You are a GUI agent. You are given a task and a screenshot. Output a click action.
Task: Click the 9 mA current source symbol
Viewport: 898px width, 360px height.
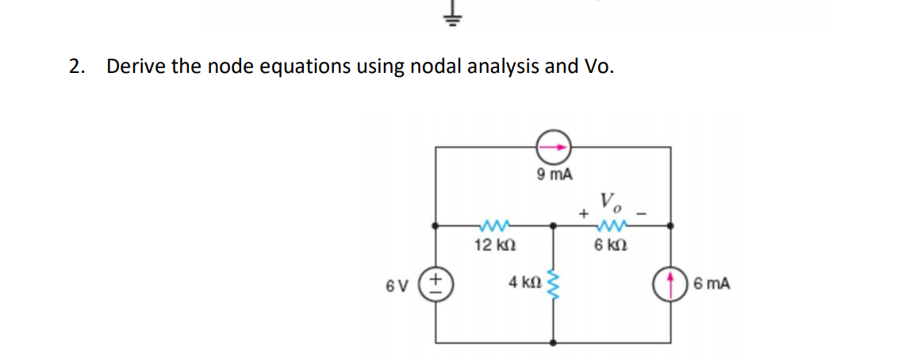pos(554,147)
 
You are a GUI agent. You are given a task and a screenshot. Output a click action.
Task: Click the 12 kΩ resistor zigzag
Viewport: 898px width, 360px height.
pos(496,225)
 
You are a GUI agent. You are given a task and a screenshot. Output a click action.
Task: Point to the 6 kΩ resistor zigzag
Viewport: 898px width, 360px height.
pos(612,225)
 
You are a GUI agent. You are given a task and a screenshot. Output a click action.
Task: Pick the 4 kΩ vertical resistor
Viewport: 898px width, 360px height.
pos(554,282)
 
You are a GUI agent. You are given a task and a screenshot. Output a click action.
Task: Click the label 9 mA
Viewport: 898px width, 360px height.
pos(554,175)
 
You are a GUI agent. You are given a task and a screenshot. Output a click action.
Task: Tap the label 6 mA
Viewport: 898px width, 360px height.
pos(712,283)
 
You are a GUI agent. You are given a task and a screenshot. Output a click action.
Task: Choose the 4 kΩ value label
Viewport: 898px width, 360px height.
pos(525,282)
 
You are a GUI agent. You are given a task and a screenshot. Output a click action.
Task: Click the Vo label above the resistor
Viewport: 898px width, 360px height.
pos(612,201)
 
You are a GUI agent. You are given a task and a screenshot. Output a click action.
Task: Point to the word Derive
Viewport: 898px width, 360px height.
pos(135,67)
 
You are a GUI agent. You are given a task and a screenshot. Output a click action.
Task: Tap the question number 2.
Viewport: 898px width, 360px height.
pos(75,67)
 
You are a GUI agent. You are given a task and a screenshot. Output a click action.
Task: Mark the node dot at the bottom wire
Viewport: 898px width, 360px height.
pos(554,343)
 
